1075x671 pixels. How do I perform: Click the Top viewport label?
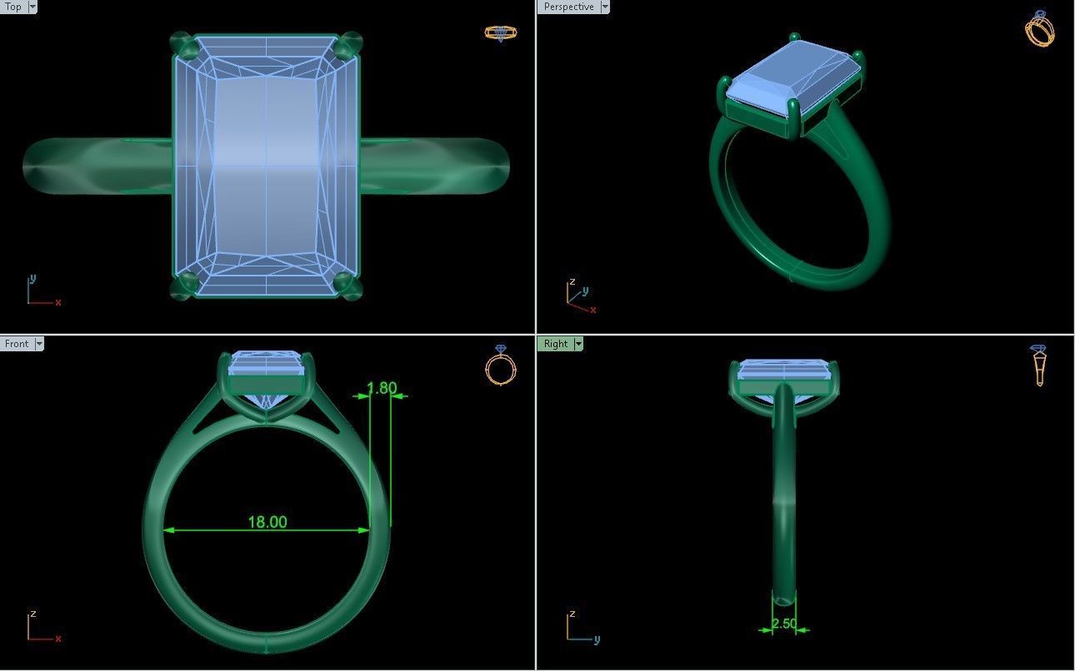point(13,7)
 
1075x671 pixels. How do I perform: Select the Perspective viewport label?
point(568,7)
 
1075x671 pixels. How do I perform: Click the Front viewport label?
point(16,344)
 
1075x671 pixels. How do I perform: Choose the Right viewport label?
point(555,344)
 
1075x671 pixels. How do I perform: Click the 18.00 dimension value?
point(267,522)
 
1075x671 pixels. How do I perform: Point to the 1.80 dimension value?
point(382,388)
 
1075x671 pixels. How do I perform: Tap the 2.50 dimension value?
point(783,624)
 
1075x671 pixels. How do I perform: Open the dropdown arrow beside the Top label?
point(32,7)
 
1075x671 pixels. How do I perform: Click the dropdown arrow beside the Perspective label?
point(604,7)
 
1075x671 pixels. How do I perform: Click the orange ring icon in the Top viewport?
point(500,33)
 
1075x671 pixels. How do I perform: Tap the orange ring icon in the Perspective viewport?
point(1039,29)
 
